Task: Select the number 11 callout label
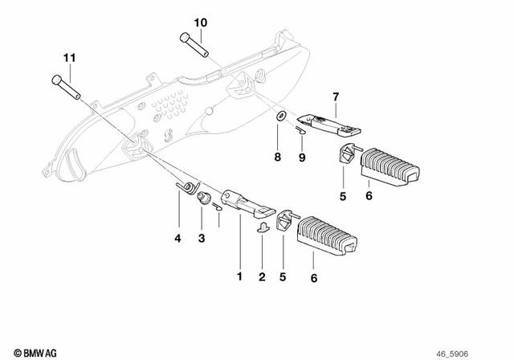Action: tap(70, 58)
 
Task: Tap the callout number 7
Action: tap(335, 97)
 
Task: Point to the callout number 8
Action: tap(277, 157)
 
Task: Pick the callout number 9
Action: tap(303, 157)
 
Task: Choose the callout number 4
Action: tap(177, 238)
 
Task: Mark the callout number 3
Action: tap(202, 238)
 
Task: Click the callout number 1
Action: tap(239, 276)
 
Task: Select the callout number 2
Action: tap(262, 276)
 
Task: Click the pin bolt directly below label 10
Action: tap(195, 43)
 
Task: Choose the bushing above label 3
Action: tap(204, 198)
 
